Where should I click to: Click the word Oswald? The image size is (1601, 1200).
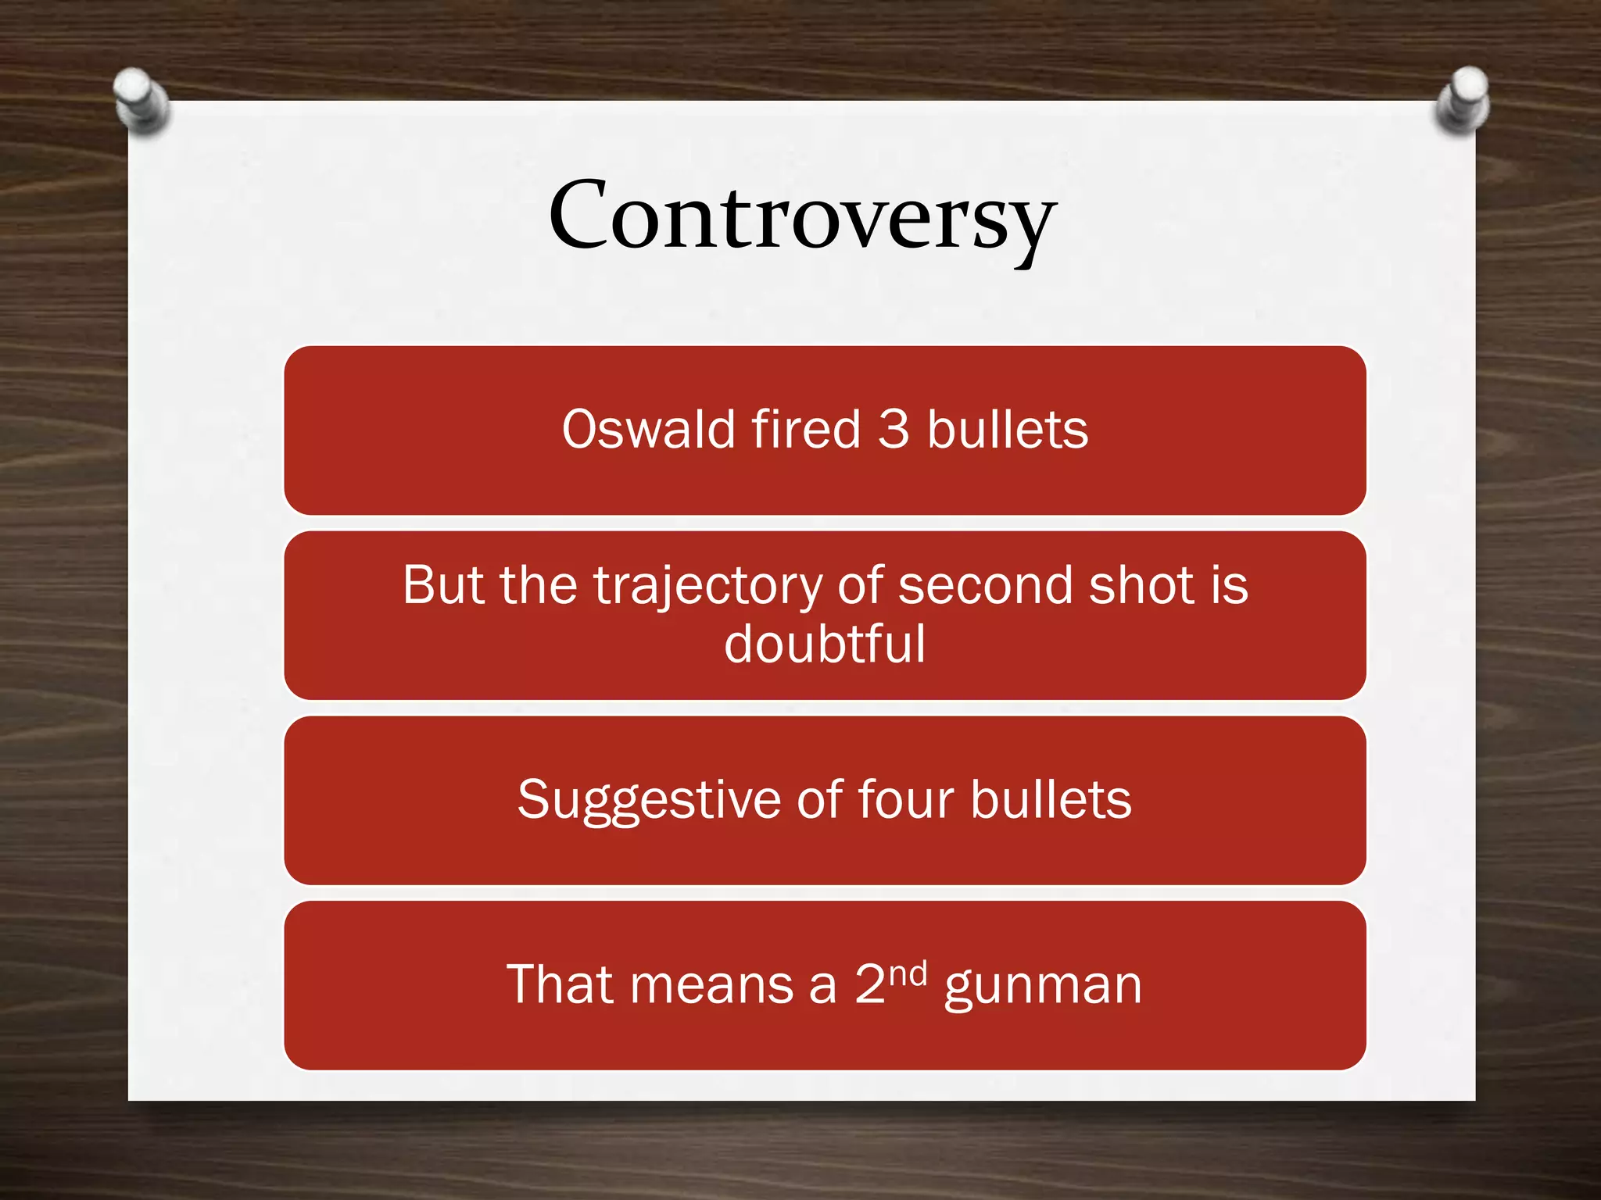(x=648, y=430)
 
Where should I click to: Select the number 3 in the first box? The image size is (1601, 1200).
(x=894, y=430)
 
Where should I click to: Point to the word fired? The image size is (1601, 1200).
(x=806, y=430)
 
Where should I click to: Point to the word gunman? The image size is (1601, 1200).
(x=1043, y=986)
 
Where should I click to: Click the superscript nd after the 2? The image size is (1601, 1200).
(x=908, y=973)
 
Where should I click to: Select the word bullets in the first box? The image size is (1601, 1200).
(x=1007, y=430)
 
